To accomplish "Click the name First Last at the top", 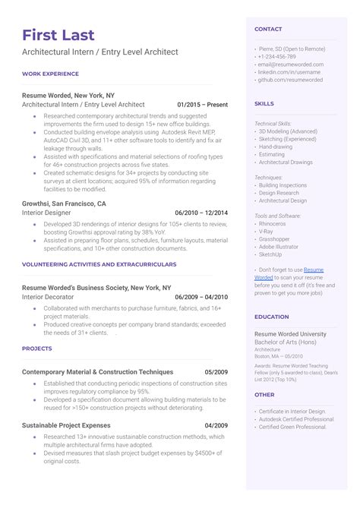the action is coord(58,35).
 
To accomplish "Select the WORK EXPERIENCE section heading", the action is coord(50,74).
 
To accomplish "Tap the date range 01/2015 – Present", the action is coord(202,103).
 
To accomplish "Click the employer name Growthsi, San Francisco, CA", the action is coord(65,204).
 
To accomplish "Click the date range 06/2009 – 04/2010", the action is coord(201,297).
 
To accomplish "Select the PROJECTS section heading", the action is coord(36,349).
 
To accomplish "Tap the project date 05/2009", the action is coord(216,372).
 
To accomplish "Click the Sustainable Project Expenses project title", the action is coord(66,425).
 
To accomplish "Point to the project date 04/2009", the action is coord(216,425).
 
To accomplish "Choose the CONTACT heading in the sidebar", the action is coord(268,30).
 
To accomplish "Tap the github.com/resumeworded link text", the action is coord(290,79).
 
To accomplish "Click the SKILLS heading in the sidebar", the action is coord(264,103).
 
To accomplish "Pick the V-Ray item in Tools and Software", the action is coord(267,232).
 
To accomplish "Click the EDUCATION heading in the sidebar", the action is coord(271,317).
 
